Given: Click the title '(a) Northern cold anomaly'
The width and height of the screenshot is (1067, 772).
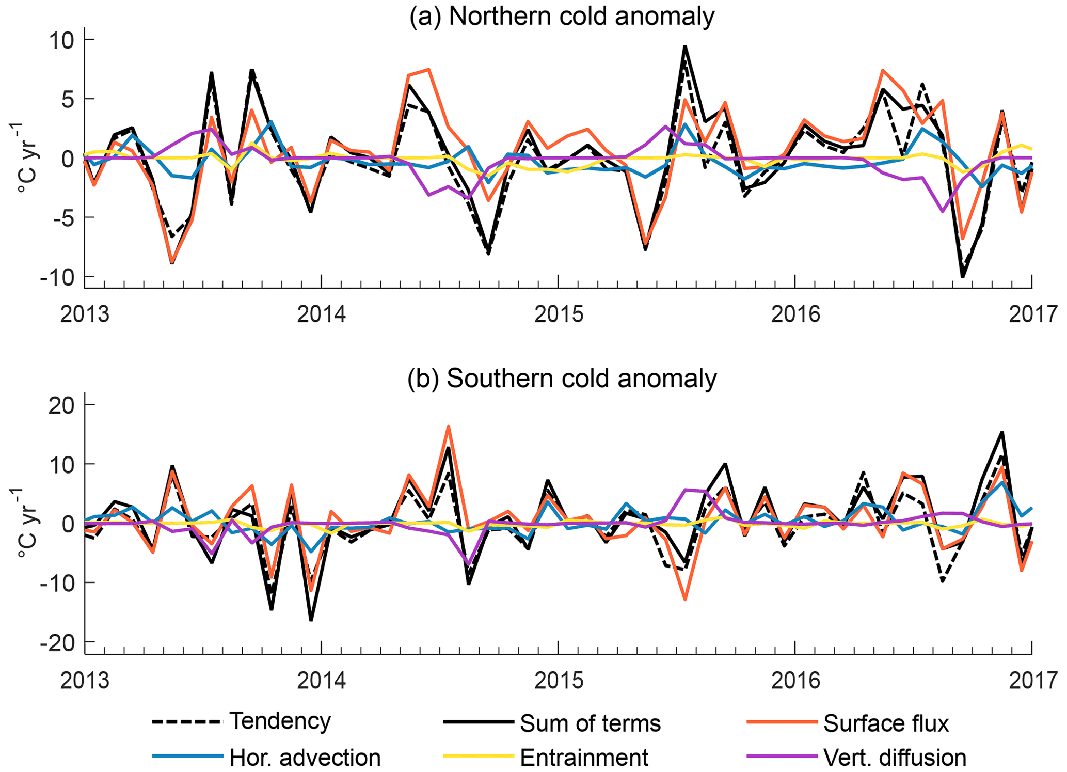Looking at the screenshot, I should [x=562, y=17].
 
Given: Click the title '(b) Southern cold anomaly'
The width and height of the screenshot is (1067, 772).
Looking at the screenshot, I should [x=562, y=379].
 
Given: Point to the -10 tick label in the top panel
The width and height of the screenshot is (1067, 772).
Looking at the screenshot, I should [x=58, y=277].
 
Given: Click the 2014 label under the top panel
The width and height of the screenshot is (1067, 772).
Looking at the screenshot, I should [x=321, y=314].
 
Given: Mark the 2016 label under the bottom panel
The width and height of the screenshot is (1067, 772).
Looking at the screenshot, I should [x=795, y=681].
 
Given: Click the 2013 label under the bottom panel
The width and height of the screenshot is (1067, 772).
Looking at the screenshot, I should [x=85, y=681].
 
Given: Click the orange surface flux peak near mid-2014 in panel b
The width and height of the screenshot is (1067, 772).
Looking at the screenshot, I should [x=449, y=427].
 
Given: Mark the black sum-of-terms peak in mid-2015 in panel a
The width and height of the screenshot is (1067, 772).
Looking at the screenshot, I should [x=684, y=46].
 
